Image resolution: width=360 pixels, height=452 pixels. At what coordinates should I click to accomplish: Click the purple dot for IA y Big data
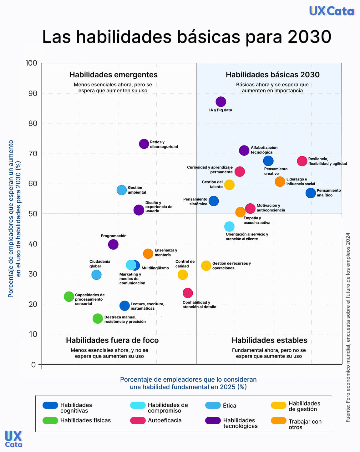coord(221,102)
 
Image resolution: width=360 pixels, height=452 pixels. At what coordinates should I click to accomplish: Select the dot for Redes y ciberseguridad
coord(144,144)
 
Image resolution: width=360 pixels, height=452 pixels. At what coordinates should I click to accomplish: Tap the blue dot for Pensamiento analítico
coord(311,193)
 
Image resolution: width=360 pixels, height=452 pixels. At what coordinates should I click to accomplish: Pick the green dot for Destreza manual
coord(98,319)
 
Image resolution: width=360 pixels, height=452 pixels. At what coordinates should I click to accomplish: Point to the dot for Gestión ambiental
coord(122,190)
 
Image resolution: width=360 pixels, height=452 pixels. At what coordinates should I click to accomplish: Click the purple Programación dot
coord(113,244)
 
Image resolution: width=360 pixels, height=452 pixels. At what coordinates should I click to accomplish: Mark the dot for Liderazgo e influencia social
coord(280,181)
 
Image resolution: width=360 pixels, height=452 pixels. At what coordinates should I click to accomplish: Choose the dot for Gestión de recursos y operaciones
coord(206,266)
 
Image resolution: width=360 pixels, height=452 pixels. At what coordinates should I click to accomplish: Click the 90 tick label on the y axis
coord(33,93)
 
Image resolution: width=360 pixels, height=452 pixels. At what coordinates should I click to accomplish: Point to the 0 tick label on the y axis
coord(33,365)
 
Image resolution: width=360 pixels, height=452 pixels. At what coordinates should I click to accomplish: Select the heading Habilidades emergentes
coord(113,75)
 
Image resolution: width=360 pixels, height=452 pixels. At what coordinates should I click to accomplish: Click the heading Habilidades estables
coord(269,340)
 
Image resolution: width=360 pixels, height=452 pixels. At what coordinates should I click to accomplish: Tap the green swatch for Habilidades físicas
coord(50,420)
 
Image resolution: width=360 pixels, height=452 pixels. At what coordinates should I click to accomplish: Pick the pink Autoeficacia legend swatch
coord(138,420)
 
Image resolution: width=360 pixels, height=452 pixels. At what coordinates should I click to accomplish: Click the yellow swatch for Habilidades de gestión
coord(278,405)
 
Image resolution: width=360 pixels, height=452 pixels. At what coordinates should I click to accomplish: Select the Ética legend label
coord(229,406)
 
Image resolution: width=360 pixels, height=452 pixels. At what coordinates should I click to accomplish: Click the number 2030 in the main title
coord(309,37)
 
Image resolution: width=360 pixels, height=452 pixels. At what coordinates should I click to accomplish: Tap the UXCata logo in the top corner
coord(332,11)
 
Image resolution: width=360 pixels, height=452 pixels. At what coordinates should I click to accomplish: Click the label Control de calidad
coord(185,264)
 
